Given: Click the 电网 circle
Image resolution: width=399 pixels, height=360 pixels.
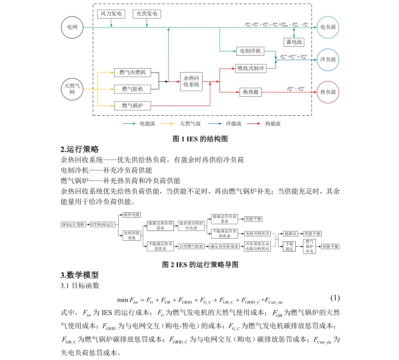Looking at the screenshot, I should (72, 27).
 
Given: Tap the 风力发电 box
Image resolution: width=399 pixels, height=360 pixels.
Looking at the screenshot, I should (111, 14).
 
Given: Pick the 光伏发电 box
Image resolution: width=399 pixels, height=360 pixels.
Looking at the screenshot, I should (146, 14).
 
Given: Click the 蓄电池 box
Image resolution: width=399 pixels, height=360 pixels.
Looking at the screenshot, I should (293, 42).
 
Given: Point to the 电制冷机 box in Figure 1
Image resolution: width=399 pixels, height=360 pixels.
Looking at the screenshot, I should (250, 51).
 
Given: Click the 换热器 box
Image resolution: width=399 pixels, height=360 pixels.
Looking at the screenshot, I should (250, 92).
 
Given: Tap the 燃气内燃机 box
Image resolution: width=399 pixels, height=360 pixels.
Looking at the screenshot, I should (133, 73).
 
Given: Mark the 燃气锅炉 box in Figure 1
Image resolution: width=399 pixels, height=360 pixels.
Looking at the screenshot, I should (133, 106).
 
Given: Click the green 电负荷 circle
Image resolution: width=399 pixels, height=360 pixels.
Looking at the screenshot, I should (328, 27).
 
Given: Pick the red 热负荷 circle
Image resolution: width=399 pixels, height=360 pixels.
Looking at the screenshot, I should (328, 92).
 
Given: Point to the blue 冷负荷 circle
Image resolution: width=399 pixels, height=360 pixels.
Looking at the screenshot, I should (328, 60).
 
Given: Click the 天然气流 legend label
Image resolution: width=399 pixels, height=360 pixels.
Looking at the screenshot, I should (190, 124).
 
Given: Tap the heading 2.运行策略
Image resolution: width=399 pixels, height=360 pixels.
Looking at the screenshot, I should (80, 149).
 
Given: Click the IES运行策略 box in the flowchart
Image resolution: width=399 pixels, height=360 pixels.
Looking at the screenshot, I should (74, 224).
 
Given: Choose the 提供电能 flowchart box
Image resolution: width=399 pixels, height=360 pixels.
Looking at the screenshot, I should (132, 214).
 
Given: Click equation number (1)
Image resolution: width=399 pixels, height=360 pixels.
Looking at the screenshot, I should (335, 298).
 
